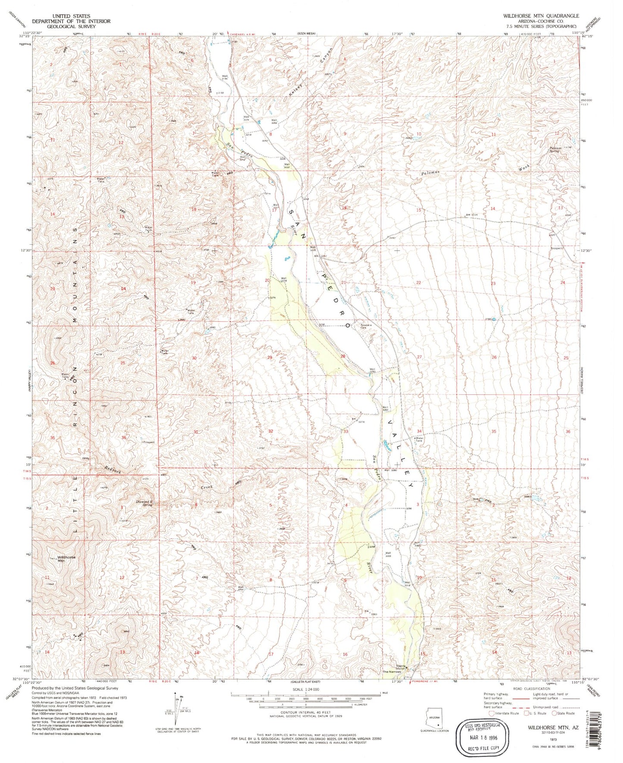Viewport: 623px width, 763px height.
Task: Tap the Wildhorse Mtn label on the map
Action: pos(66,558)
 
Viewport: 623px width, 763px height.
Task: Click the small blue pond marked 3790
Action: pos(494,319)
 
